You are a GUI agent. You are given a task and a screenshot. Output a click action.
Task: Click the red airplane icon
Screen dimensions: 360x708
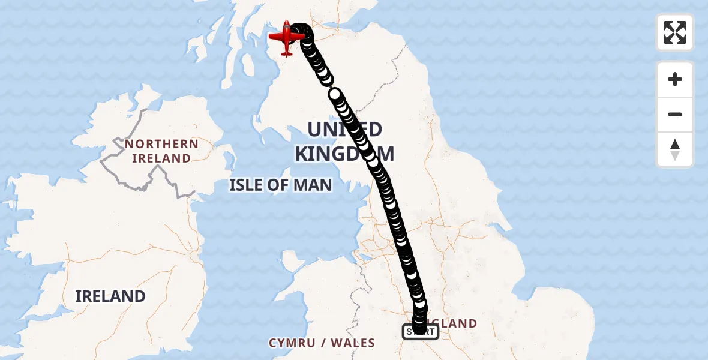coord(287,37)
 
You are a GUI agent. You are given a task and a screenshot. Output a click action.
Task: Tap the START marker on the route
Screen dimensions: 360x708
coord(420,331)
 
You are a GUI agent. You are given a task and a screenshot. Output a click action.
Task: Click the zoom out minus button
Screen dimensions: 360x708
coord(675,115)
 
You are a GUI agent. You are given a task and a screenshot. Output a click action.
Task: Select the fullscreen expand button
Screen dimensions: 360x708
coord(675,32)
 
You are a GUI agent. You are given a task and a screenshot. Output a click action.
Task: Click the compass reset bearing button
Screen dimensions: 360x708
coord(675,149)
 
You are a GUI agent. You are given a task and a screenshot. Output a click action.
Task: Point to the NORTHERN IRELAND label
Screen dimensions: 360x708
coord(161,151)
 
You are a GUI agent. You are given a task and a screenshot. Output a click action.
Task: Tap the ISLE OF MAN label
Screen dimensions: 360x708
coord(280,185)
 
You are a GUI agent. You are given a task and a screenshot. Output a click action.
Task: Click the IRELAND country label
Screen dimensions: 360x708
coord(110,296)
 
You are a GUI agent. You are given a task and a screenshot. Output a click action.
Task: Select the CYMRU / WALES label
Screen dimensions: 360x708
coord(322,343)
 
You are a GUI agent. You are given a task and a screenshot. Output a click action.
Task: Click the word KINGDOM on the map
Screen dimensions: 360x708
coord(344,154)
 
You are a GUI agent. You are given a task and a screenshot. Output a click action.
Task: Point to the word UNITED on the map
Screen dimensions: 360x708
coord(344,129)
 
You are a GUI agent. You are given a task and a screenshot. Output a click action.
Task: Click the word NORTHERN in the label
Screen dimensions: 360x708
coord(161,144)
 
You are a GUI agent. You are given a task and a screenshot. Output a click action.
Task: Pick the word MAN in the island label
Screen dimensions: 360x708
coord(312,185)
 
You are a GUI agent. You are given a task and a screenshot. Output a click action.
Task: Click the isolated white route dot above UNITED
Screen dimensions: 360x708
coord(335,94)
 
